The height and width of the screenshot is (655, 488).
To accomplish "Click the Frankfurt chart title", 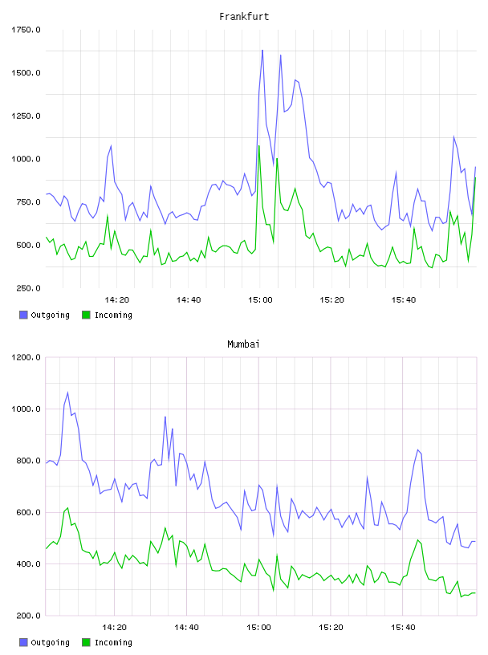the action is click(x=244, y=17).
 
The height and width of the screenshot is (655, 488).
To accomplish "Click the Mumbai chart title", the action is click(x=243, y=344).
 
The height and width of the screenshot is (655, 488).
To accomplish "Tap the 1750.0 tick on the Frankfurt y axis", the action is click(x=26, y=30).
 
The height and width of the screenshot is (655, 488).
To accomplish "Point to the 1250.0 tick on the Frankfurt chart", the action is click(x=26, y=116).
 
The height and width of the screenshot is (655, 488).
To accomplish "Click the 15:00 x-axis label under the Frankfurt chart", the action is click(x=260, y=300).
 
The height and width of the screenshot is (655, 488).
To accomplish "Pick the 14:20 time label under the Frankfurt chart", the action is click(x=116, y=300).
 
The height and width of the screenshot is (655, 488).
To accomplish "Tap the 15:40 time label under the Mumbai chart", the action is click(x=403, y=628).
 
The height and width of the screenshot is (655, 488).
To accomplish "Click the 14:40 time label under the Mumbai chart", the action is click(x=186, y=628).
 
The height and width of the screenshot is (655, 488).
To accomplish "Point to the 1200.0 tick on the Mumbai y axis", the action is click(x=26, y=357).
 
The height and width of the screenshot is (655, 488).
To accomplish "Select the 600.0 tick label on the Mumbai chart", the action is click(x=28, y=512).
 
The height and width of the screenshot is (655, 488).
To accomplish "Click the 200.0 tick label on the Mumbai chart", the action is click(x=28, y=616).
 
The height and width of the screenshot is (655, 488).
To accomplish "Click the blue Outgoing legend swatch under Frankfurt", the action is click(x=23, y=315).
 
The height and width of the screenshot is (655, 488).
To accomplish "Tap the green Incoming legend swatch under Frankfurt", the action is click(x=86, y=315).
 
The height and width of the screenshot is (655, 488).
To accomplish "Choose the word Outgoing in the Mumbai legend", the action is click(x=50, y=642).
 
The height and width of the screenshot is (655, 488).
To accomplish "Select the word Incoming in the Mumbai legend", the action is click(x=113, y=642).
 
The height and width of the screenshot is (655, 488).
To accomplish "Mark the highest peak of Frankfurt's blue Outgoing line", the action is click(x=262, y=50).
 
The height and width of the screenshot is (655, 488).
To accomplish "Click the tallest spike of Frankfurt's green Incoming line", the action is click(x=259, y=146).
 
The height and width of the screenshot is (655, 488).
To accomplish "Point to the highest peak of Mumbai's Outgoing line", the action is click(x=67, y=393).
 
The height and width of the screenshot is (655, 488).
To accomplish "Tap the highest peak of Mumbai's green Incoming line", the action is click(x=67, y=508).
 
